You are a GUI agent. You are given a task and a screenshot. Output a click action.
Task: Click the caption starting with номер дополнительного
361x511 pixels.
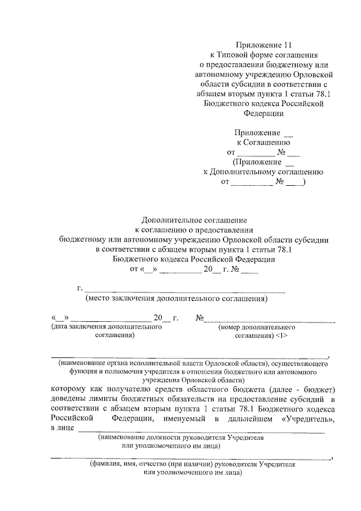pos(257,327)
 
